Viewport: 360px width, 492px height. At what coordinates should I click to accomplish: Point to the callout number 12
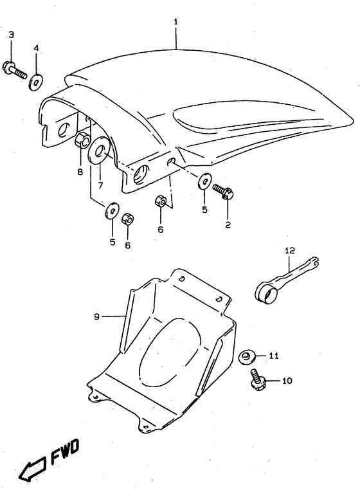point(290,250)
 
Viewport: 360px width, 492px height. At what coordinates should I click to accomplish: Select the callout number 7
point(100,186)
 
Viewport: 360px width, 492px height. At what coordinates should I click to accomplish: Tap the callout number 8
point(80,172)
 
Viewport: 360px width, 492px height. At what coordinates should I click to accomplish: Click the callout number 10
point(286,381)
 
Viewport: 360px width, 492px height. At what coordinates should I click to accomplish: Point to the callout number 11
point(274,355)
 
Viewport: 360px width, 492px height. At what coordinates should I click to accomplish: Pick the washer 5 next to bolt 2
point(203,182)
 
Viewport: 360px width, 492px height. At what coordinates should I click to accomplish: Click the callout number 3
point(11,34)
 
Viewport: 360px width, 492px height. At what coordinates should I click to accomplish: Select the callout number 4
point(36,48)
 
